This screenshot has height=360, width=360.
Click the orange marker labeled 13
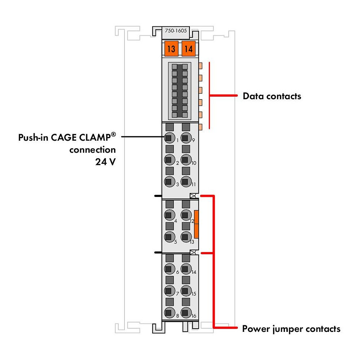[x=171, y=48]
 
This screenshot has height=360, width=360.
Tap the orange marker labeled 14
[x=189, y=48]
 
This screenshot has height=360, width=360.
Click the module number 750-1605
[x=176, y=31]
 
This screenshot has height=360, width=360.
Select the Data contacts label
[x=272, y=96]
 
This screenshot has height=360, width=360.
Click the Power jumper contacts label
[x=291, y=329]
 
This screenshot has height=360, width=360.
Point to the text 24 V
[x=105, y=162]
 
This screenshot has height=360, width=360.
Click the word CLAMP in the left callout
[x=97, y=137]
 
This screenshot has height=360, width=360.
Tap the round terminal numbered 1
[x=170, y=138]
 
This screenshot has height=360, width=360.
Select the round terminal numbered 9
[x=186, y=138]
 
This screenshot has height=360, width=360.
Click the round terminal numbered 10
[x=186, y=160]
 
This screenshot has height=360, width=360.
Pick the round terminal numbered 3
[x=170, y=181]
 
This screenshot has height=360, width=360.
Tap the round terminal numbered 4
[x=170, y=215]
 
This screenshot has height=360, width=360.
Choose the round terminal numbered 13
[x=186, y=237]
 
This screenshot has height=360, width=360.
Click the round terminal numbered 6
[x=170, y=269]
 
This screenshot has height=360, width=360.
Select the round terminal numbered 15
[x=186, y=291]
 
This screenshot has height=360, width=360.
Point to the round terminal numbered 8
[x=170, y=313]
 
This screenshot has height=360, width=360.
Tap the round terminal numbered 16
[x=186, y=313]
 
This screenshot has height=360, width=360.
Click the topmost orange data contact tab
[x=200, y=66]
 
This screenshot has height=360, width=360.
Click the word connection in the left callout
[x=93, y=150]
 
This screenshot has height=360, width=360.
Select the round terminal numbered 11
[x=186, y=181]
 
